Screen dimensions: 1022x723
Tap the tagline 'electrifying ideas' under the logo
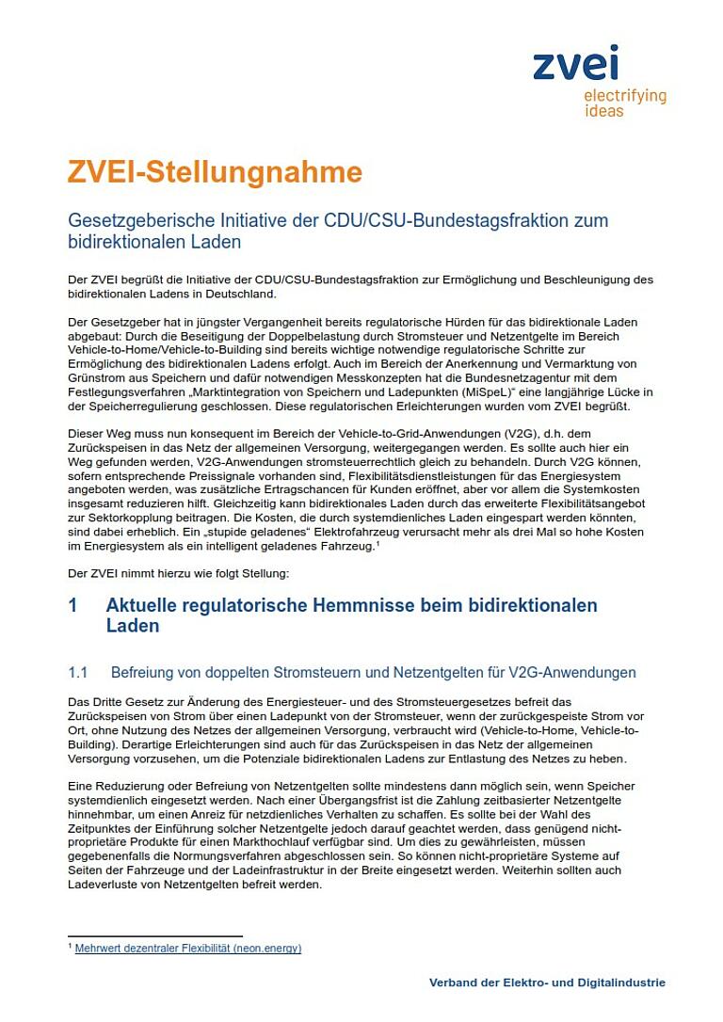coord(624,104)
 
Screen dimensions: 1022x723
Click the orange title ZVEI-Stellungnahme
coord(215,172)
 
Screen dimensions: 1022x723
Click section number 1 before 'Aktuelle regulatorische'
coord(72,604)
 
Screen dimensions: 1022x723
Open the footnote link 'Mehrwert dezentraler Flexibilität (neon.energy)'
coord(188,949)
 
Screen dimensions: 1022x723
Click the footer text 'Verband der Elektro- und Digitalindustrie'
coord(547,982)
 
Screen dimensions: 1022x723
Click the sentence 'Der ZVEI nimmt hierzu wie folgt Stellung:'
coord(179,573)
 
